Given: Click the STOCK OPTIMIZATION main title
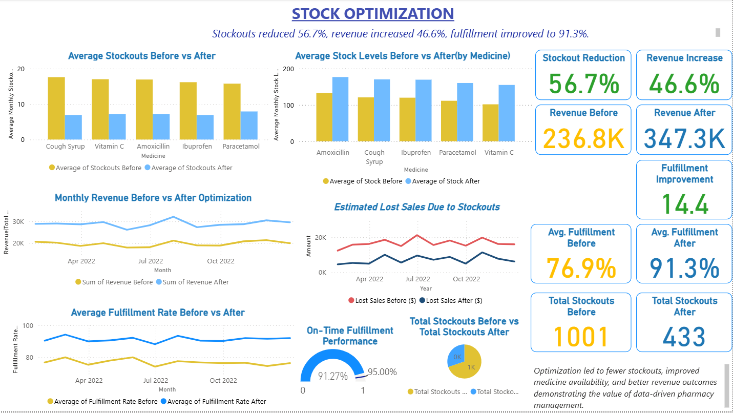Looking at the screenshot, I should pos(372,14).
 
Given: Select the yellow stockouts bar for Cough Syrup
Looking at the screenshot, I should pos(56,108).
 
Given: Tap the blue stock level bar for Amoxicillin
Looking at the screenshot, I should pos(340,109).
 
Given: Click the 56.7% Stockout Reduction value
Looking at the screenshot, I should pos(583,84).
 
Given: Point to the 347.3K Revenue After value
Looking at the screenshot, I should pos(684,139).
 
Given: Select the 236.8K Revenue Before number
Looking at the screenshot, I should pos(583,139).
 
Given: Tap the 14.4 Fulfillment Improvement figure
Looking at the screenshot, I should pos(684,203).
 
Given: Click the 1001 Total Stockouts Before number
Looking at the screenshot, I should pos(581,337).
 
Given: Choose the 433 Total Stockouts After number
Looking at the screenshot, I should pos(684,337).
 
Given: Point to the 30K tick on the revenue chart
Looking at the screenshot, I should pos(18,222).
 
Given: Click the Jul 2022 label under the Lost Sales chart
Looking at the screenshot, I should pos(418,279).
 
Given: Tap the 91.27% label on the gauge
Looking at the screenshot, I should pos(333,376).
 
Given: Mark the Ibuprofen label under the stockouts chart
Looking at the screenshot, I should pos(197,147).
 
